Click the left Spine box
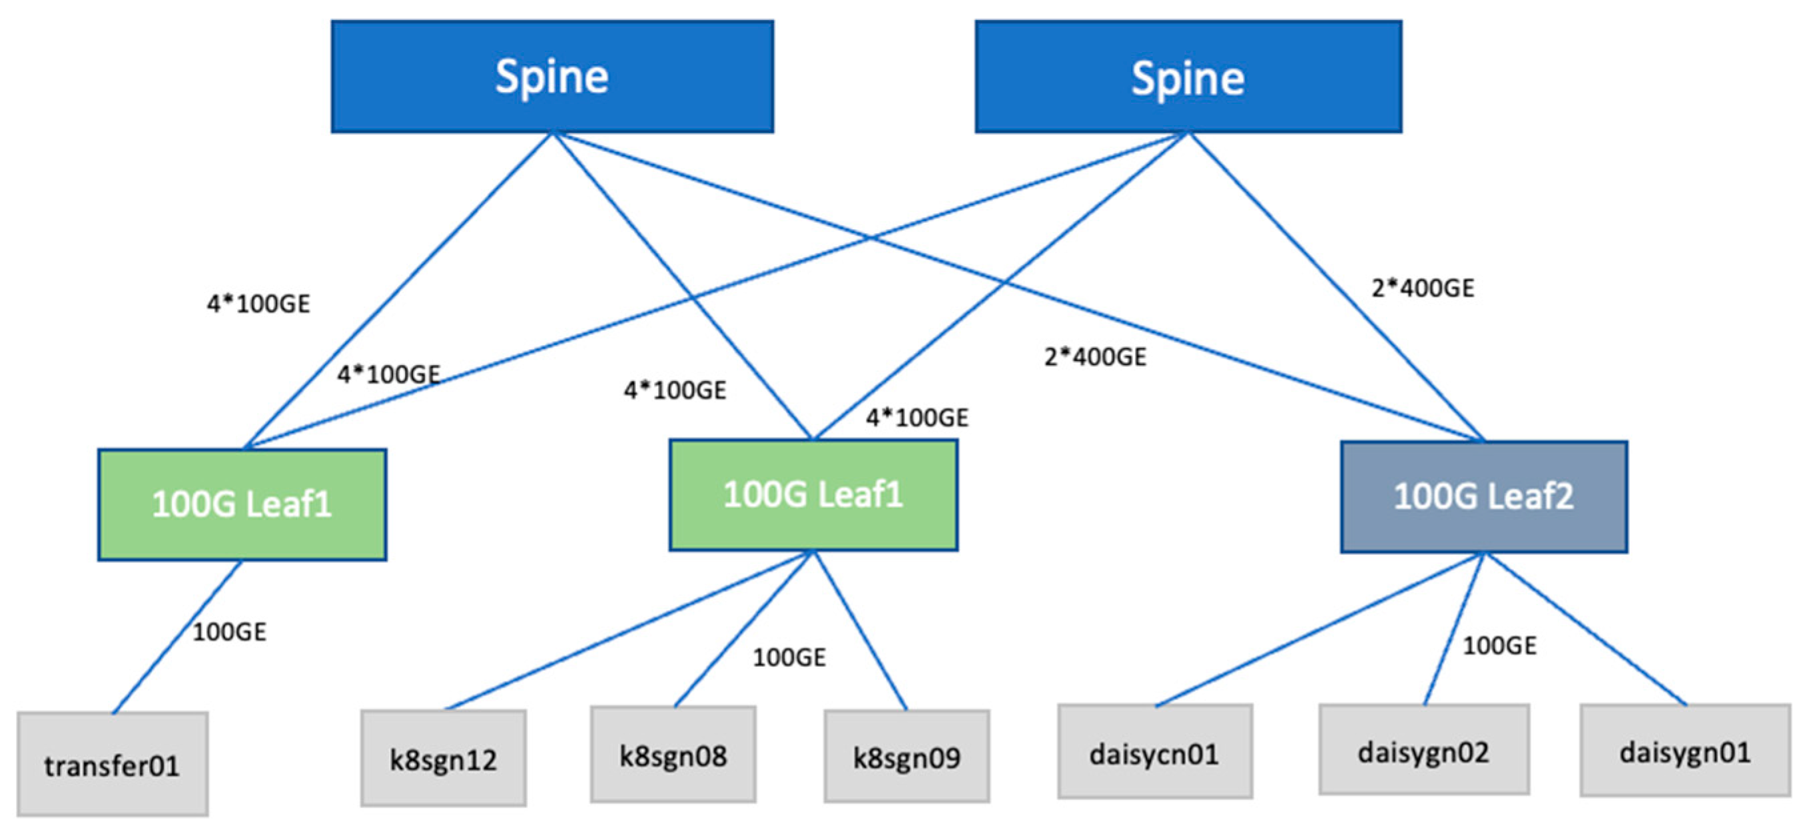click(x=552, y=76)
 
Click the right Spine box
click(x=1188, y=76)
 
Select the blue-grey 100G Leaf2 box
click(x=1483, y=497)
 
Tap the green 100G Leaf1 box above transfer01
click(x=242, y=504)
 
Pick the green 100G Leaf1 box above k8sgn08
click(x=813, y=494)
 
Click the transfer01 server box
click(x=112, y=764)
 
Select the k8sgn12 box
click(x=443, y=757)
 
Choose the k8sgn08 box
click(x=673, y=754)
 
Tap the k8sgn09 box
click(x=907, y=756)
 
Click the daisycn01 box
click(x=1155, y=752)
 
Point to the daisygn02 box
click(x=1423, y=750)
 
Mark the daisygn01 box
click(x=1684, y=751)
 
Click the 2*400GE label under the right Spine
click(x=1422, y=288)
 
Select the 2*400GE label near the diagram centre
click(x=1095, y=356)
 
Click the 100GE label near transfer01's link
click(x=229, y=631)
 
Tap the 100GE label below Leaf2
click(x=1499, y=645)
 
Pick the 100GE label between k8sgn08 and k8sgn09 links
click(x=789, y=657)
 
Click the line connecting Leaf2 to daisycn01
click(x=1319, y=629)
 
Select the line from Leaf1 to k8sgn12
click(x=630, y=629)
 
